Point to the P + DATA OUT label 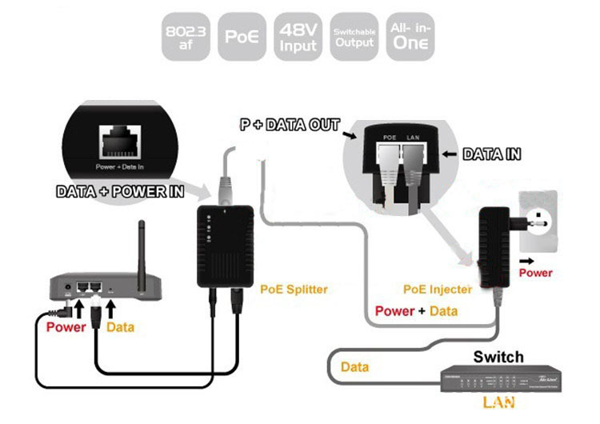[x=290, y=126]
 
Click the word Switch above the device [x=498, y=357]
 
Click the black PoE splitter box [x=225, y=243]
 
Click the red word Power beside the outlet [x=535, y=273]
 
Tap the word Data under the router [x=120, y=327]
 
